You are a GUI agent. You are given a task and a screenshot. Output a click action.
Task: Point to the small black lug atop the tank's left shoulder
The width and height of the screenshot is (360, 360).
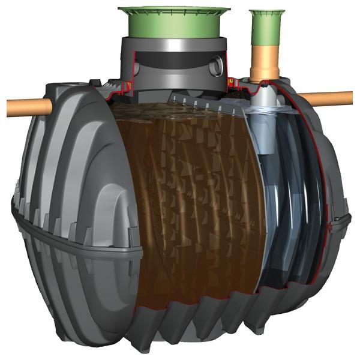coord(94,85)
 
